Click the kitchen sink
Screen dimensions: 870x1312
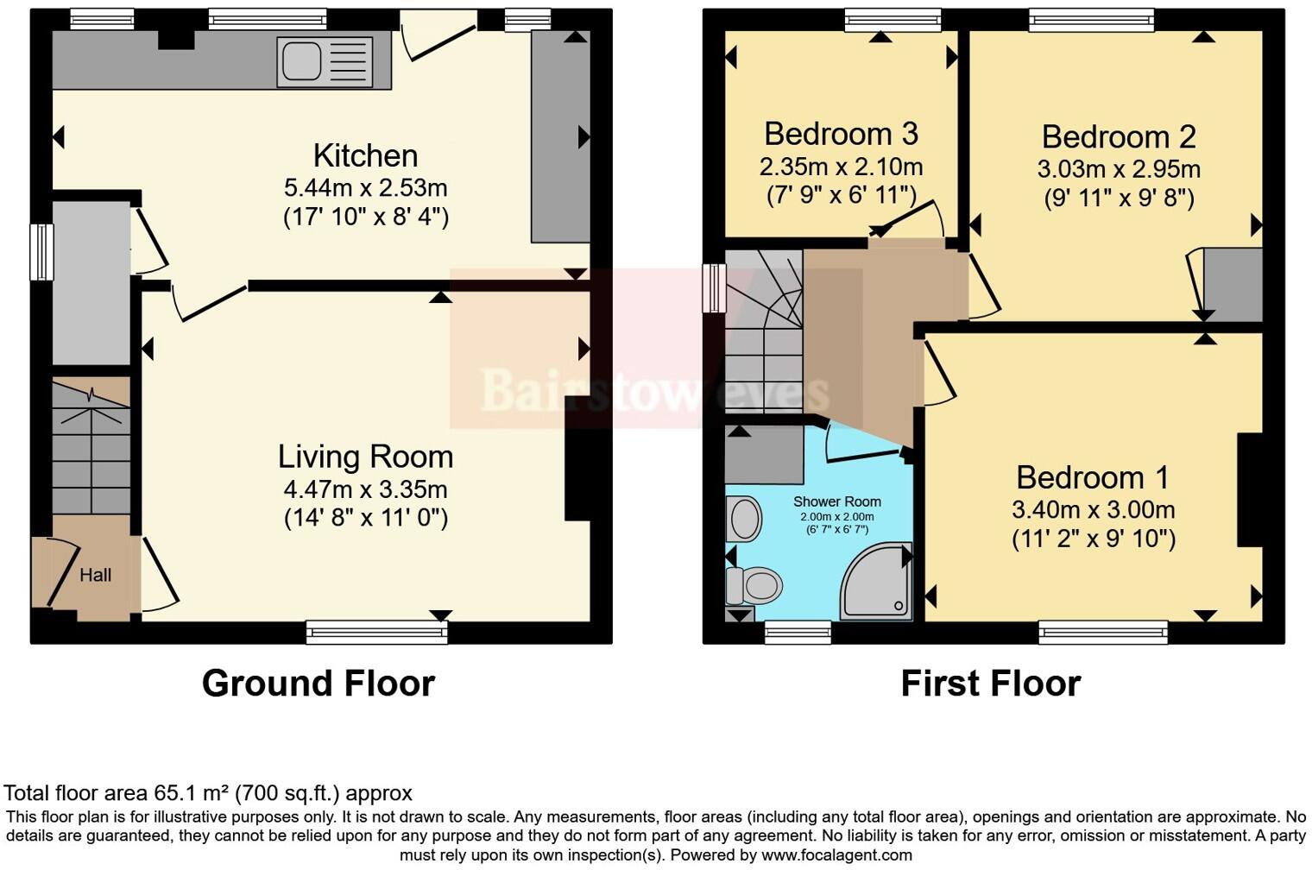click(x=325, y=62)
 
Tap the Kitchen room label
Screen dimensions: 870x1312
click(x=365, y=155)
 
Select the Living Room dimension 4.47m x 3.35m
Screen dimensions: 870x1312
click(x=365, y=489)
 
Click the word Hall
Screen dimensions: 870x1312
click(x=95, y=575)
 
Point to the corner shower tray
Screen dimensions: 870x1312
click(x=877, y=582)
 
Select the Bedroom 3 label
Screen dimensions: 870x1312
click(x=841, y=134)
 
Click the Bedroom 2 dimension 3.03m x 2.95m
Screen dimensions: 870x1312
click(x=1119, y=168)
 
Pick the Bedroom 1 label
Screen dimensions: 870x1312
click(x=1093, y=477)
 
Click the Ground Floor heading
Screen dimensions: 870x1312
click(x=318, y=683)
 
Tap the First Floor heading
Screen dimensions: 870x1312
click(x=990, y=683)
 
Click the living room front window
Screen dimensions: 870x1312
click(x=377, y=633)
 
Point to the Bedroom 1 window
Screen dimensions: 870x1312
click(x=1103, y=633)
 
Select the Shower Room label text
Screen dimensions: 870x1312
click(x=836, y=501)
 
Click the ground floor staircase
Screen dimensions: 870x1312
click(x=91, y=449)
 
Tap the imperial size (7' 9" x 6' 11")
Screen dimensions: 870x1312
click(x=841, y=196)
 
